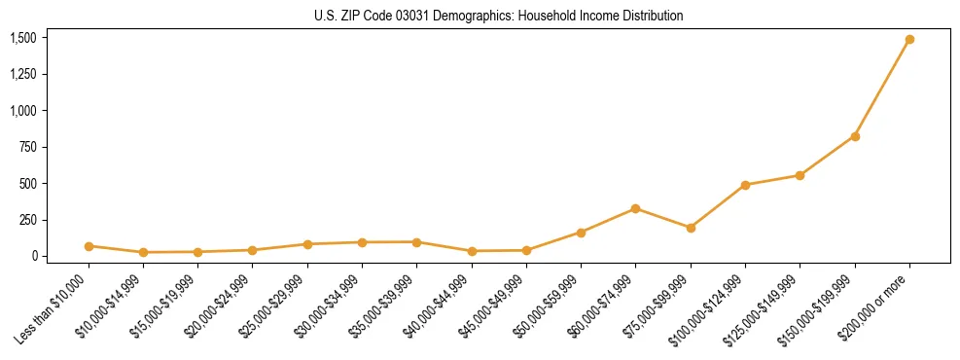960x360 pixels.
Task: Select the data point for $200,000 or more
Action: (x=909, y=40)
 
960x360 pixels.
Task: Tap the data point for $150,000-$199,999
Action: (x=855, y=136)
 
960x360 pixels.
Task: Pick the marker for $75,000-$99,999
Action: (x=691, y=228)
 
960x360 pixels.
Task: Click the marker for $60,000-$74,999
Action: (x=635, y=208)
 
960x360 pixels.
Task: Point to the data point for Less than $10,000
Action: (x=89, y=246)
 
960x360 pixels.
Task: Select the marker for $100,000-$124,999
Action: (x=745, y=185)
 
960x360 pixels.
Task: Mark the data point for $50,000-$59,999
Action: (x=581, y=233)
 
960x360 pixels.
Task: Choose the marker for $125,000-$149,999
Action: (x=800, y=175)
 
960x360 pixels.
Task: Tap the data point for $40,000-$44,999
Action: (x=472, y=251)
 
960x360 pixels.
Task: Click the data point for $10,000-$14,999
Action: (x=143, y=252)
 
